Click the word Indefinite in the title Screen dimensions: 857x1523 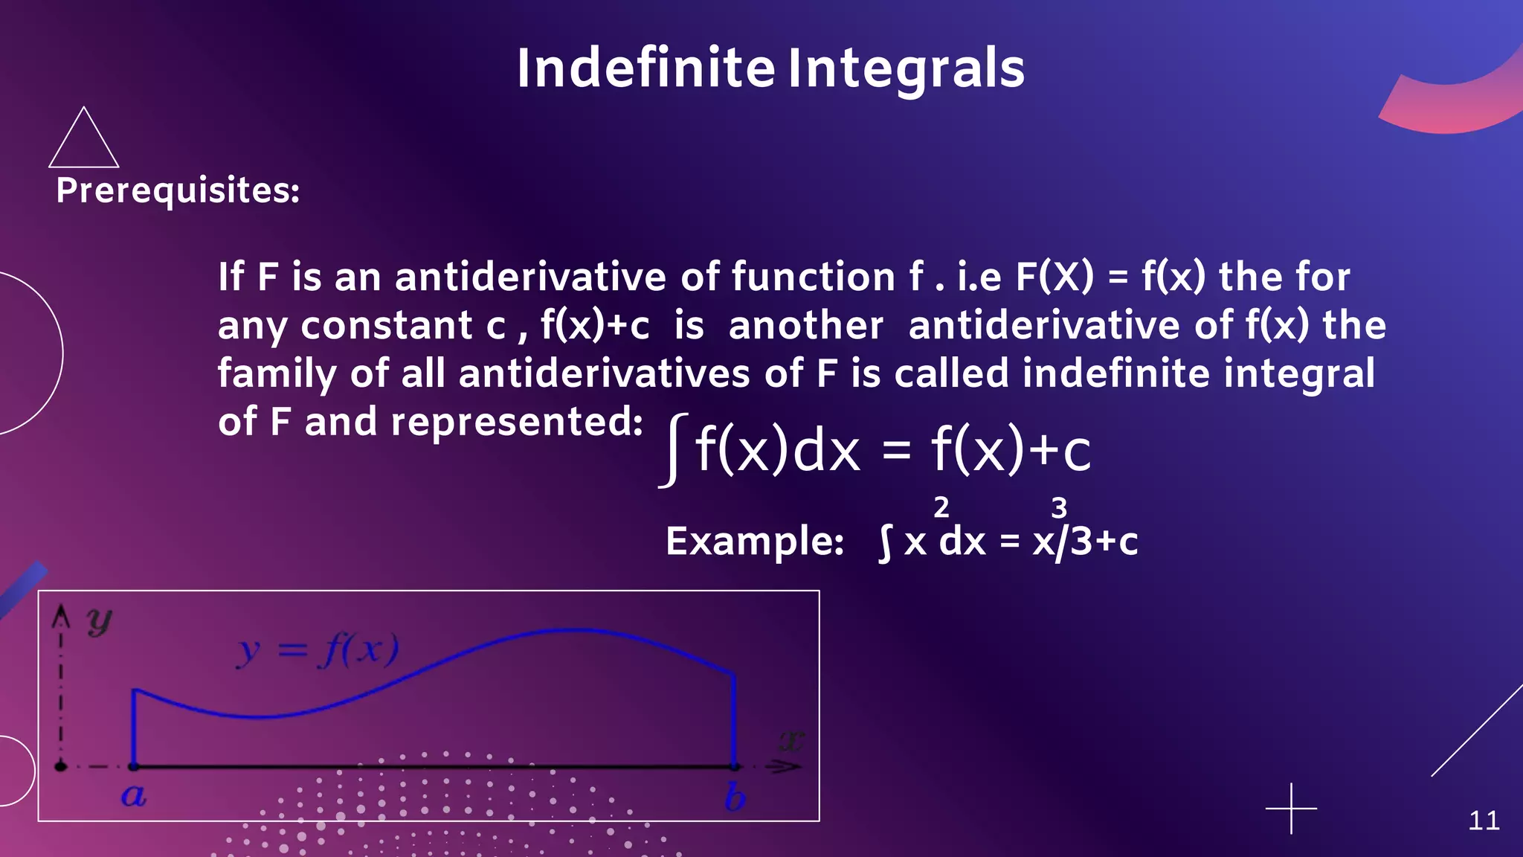click(645, 68)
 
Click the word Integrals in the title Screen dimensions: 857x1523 click(906, 68)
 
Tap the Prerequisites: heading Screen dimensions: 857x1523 click(178, 190)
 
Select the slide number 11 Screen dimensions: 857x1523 click(1484, 821)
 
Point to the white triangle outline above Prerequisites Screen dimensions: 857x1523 click(83, 141)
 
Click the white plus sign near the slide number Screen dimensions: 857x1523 click(1291, 808)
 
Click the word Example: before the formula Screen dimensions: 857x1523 click(755, 541)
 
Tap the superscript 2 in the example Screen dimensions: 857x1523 click(941, 507)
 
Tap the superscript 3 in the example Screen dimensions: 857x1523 click(1059, 508)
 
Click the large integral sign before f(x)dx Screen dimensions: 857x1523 click(673, 450)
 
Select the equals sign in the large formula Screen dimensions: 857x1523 click(896, 450)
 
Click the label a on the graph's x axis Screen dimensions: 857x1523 click(134, 796)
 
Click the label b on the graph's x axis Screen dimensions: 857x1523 click(735, 797)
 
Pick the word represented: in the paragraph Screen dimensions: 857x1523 click(517, 422)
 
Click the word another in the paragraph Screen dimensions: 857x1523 click(806, 325)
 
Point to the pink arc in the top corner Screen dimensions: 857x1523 click(1450, 100)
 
